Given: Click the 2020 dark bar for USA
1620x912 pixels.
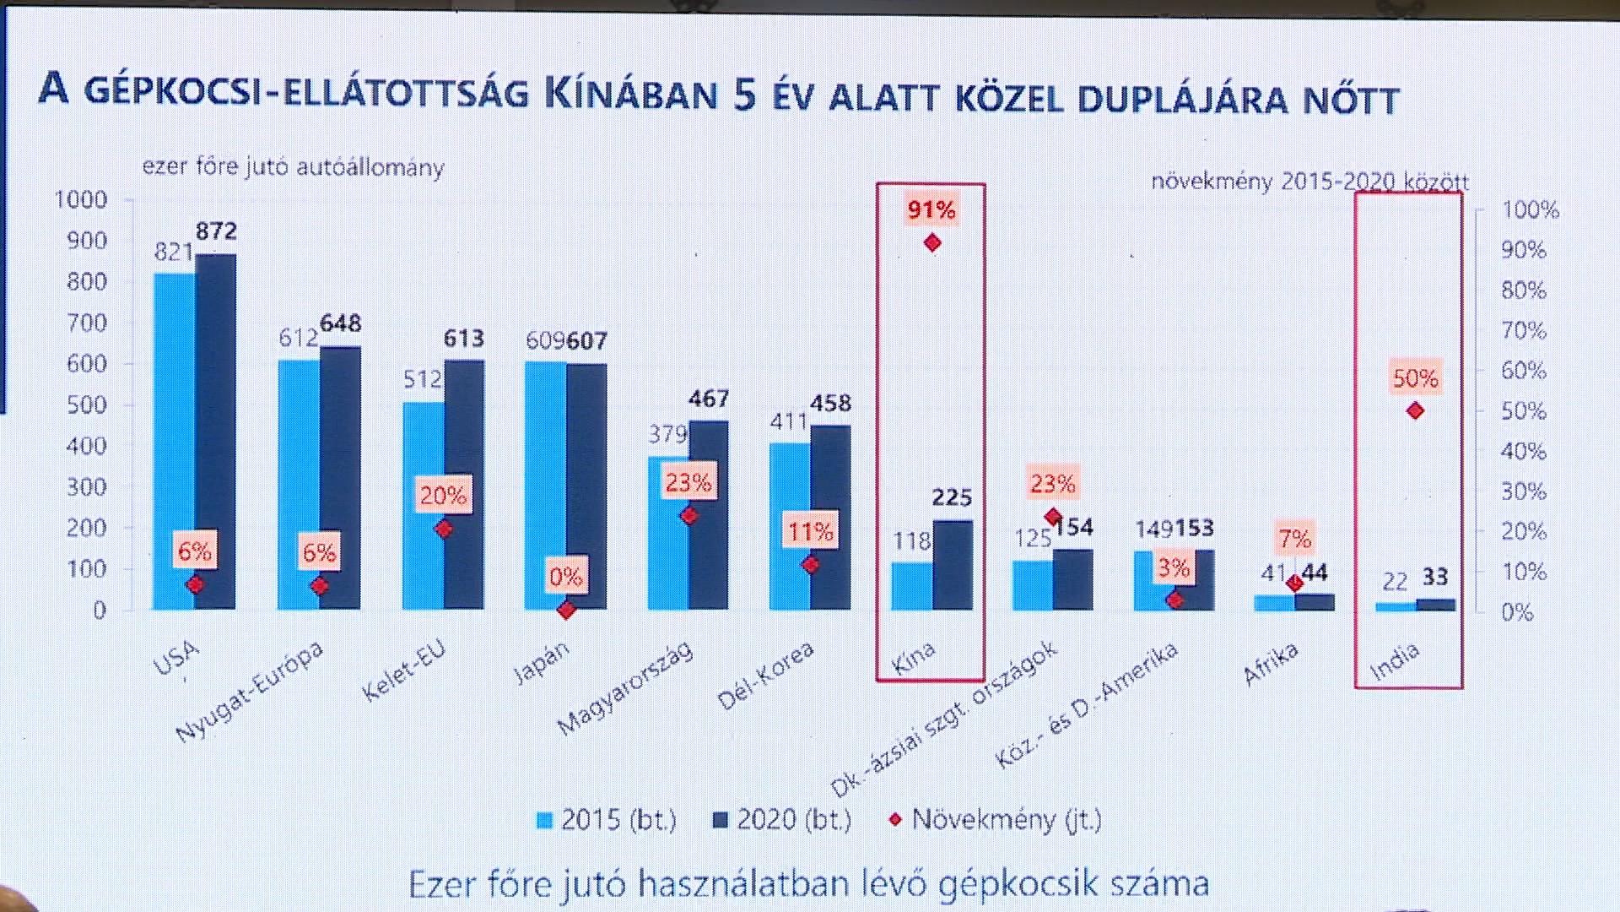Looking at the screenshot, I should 216,422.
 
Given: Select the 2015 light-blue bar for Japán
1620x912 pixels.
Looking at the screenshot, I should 545,473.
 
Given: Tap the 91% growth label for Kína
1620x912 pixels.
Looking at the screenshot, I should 931,209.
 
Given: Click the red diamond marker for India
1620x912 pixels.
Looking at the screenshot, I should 1416,411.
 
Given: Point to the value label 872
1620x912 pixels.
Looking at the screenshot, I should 216,231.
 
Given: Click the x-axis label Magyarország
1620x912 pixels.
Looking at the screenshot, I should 626,687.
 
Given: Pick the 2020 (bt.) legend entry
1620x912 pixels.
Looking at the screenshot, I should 782,819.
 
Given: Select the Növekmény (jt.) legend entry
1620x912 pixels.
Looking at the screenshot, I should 996,819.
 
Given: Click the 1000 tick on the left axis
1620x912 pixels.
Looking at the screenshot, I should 81,200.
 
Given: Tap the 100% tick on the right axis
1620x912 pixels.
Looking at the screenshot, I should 1530,209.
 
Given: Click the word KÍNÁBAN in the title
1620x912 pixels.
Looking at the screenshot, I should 630,95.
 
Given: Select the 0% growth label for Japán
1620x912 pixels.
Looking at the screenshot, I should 565,577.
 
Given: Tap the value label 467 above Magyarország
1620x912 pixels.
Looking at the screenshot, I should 708,399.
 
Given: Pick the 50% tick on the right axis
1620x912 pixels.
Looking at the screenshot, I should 1524,411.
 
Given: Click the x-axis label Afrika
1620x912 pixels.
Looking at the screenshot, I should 1270,664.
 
